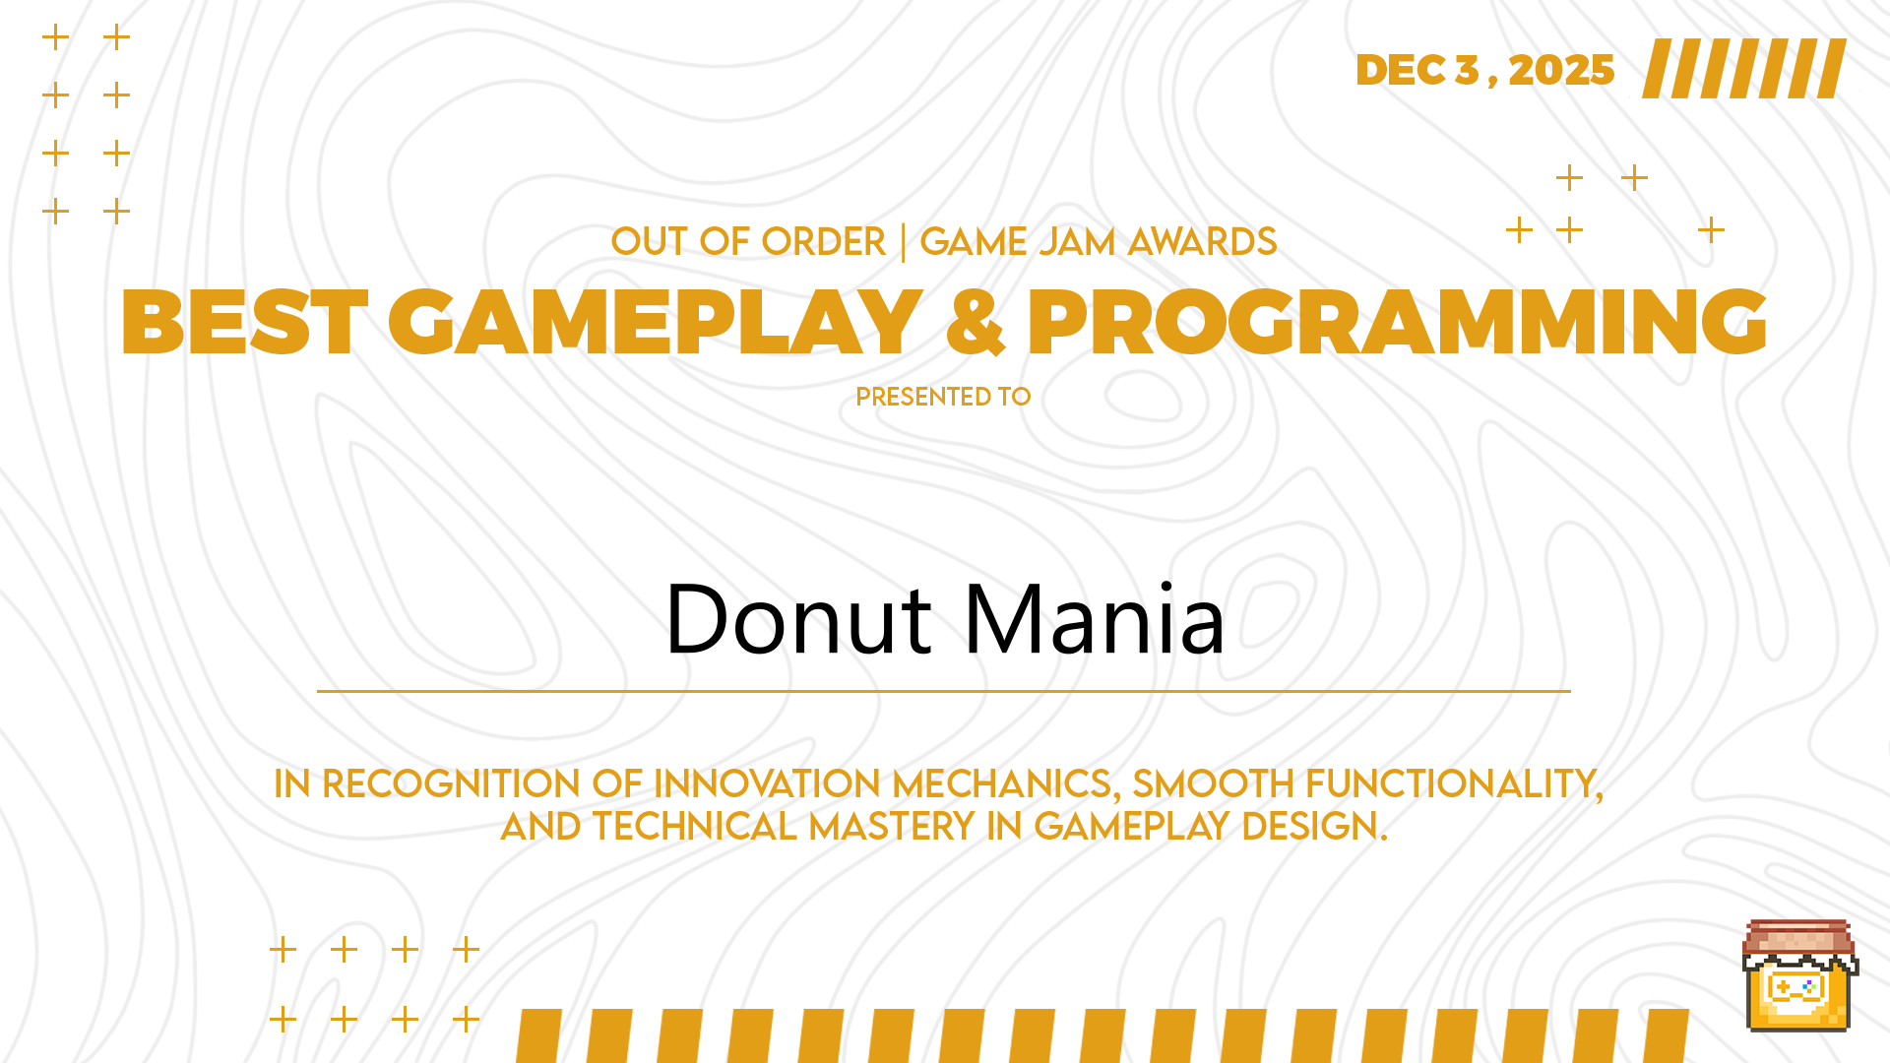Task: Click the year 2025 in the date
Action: [1561, 70]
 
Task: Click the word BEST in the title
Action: [244, 322]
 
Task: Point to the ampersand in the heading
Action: [976, 322]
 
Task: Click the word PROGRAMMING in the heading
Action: [1398, 322]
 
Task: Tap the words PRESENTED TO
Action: [943, 397]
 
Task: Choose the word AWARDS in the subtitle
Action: [1202, 241]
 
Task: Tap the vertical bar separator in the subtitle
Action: [904, 242]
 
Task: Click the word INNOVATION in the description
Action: [767, 784]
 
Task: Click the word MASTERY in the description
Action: [892, 827]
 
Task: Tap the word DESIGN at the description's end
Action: [1314, 827]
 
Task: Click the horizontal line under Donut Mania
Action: [943, 691]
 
